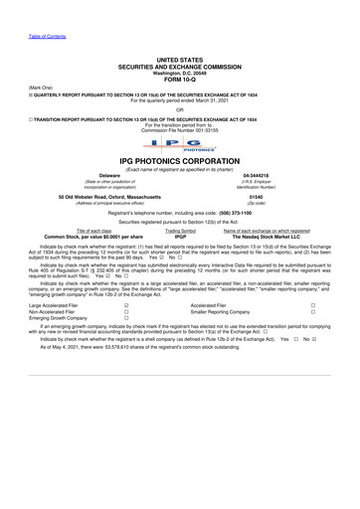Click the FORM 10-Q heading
(x=180, y=79)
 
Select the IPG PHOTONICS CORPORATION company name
(x=180, y=161)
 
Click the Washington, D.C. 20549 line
(x=180, y=73)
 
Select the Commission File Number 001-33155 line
(x=180, y=130)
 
